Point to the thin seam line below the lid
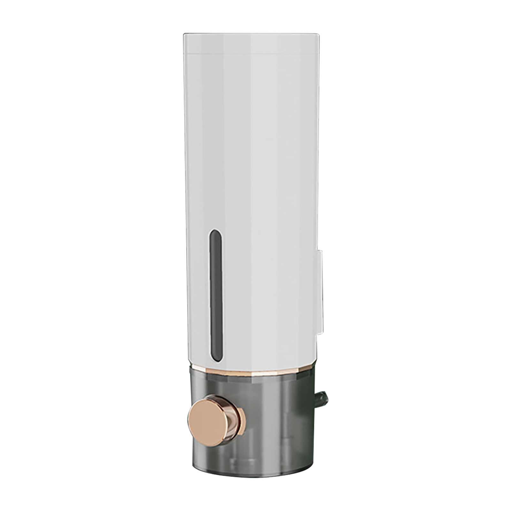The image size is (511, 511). pos(250,53)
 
